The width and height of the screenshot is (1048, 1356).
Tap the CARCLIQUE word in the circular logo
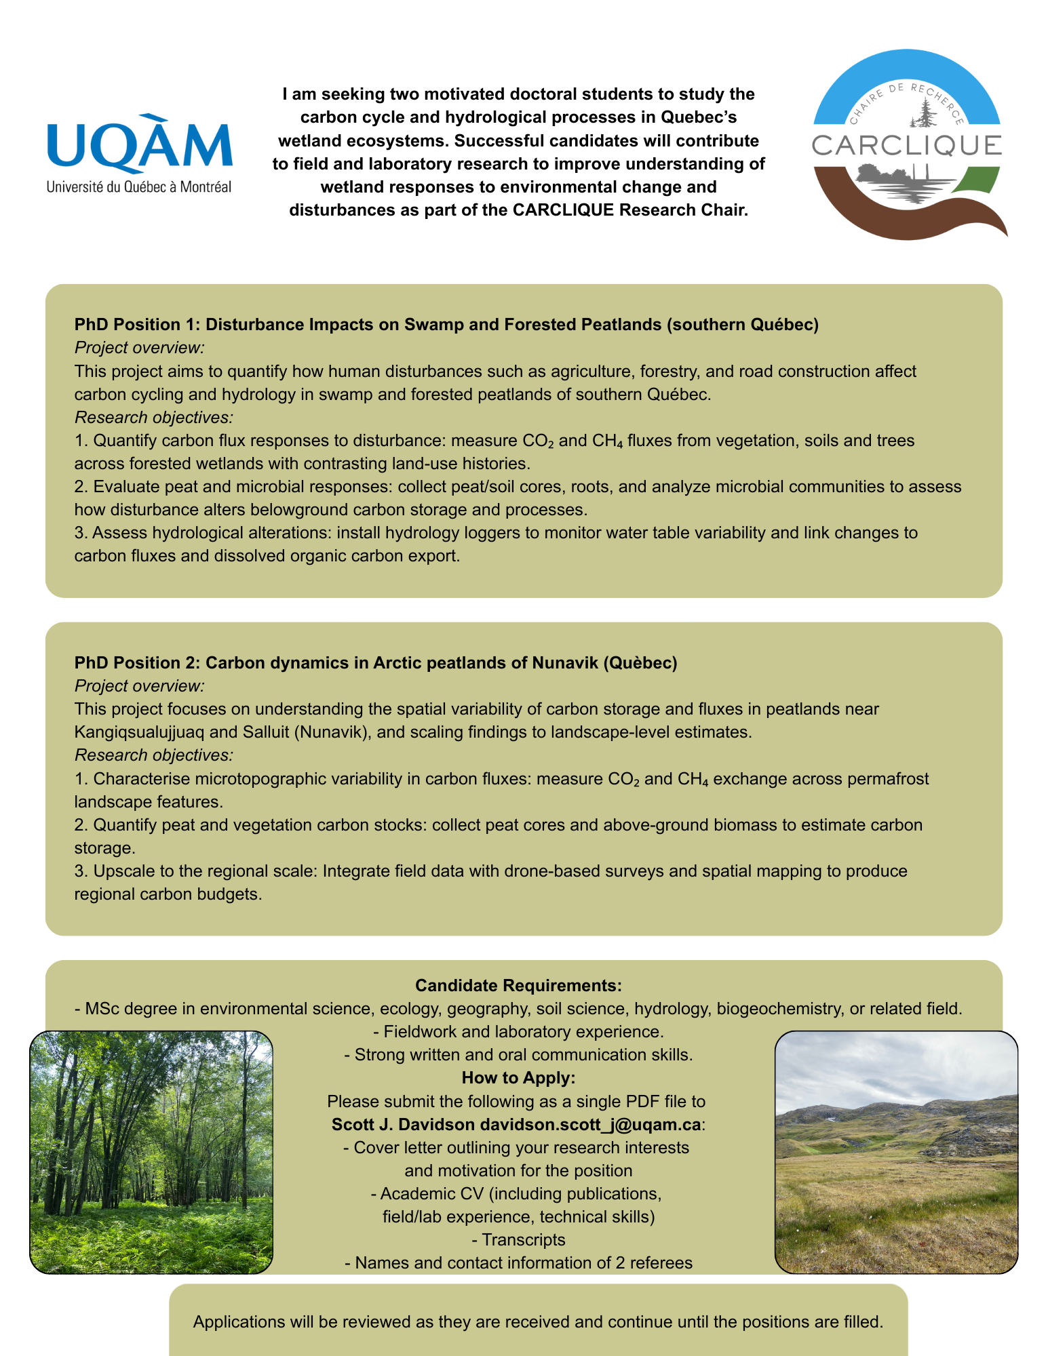click(x=906, y=145)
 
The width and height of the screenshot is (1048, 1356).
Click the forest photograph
click(x=151, y=1152)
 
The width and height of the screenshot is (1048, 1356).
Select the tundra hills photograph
click(x=896, y=1152)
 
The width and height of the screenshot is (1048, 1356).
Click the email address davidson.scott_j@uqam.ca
click(x=590, y=1124)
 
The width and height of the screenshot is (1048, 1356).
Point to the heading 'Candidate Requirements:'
click(x=518, y=985)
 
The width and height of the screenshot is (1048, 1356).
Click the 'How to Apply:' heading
click(x=518, y=1077)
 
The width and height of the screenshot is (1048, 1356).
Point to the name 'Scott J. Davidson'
click(x=403, y=1124)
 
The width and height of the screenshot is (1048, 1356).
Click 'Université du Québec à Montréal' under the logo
click(x=139, y=187)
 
